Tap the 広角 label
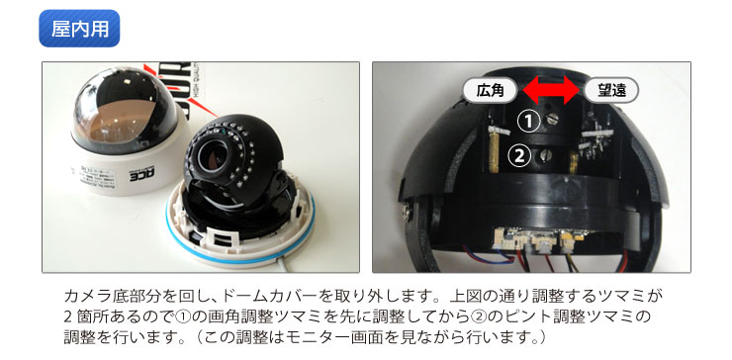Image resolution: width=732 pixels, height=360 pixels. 490,90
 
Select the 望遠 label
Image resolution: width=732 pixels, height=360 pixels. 610,90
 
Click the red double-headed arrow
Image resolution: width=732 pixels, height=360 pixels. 551,91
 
